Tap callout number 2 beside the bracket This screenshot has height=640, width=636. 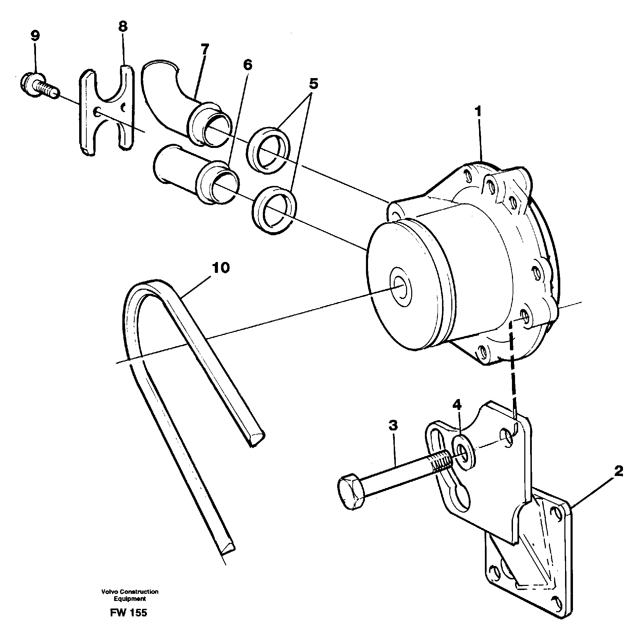coord(618,472)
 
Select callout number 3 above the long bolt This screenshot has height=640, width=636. coord(393,426)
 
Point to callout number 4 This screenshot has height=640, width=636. coord(456,405)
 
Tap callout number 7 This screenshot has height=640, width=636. coord(204,50)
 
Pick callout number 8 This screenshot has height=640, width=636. coord(123,26)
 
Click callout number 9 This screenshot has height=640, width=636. coord(35,36)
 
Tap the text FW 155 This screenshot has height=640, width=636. coord(129,613)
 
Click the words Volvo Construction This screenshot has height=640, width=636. coord(130,592)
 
